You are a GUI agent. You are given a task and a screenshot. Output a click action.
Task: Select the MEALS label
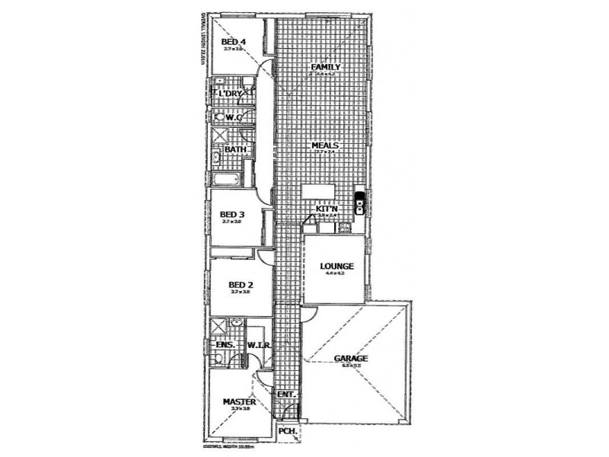[324, 145]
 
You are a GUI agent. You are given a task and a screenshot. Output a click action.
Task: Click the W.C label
[234, 117]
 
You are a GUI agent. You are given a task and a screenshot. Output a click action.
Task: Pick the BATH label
[234, 150]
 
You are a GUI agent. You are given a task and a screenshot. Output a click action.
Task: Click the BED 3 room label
[231, 215]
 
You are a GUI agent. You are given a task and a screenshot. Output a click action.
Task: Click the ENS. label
[225, 345]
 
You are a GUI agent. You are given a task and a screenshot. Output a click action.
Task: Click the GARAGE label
[351, 358]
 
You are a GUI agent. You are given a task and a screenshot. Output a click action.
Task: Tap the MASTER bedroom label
[238, 401]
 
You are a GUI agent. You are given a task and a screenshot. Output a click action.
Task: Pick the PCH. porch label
[287, 430]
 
